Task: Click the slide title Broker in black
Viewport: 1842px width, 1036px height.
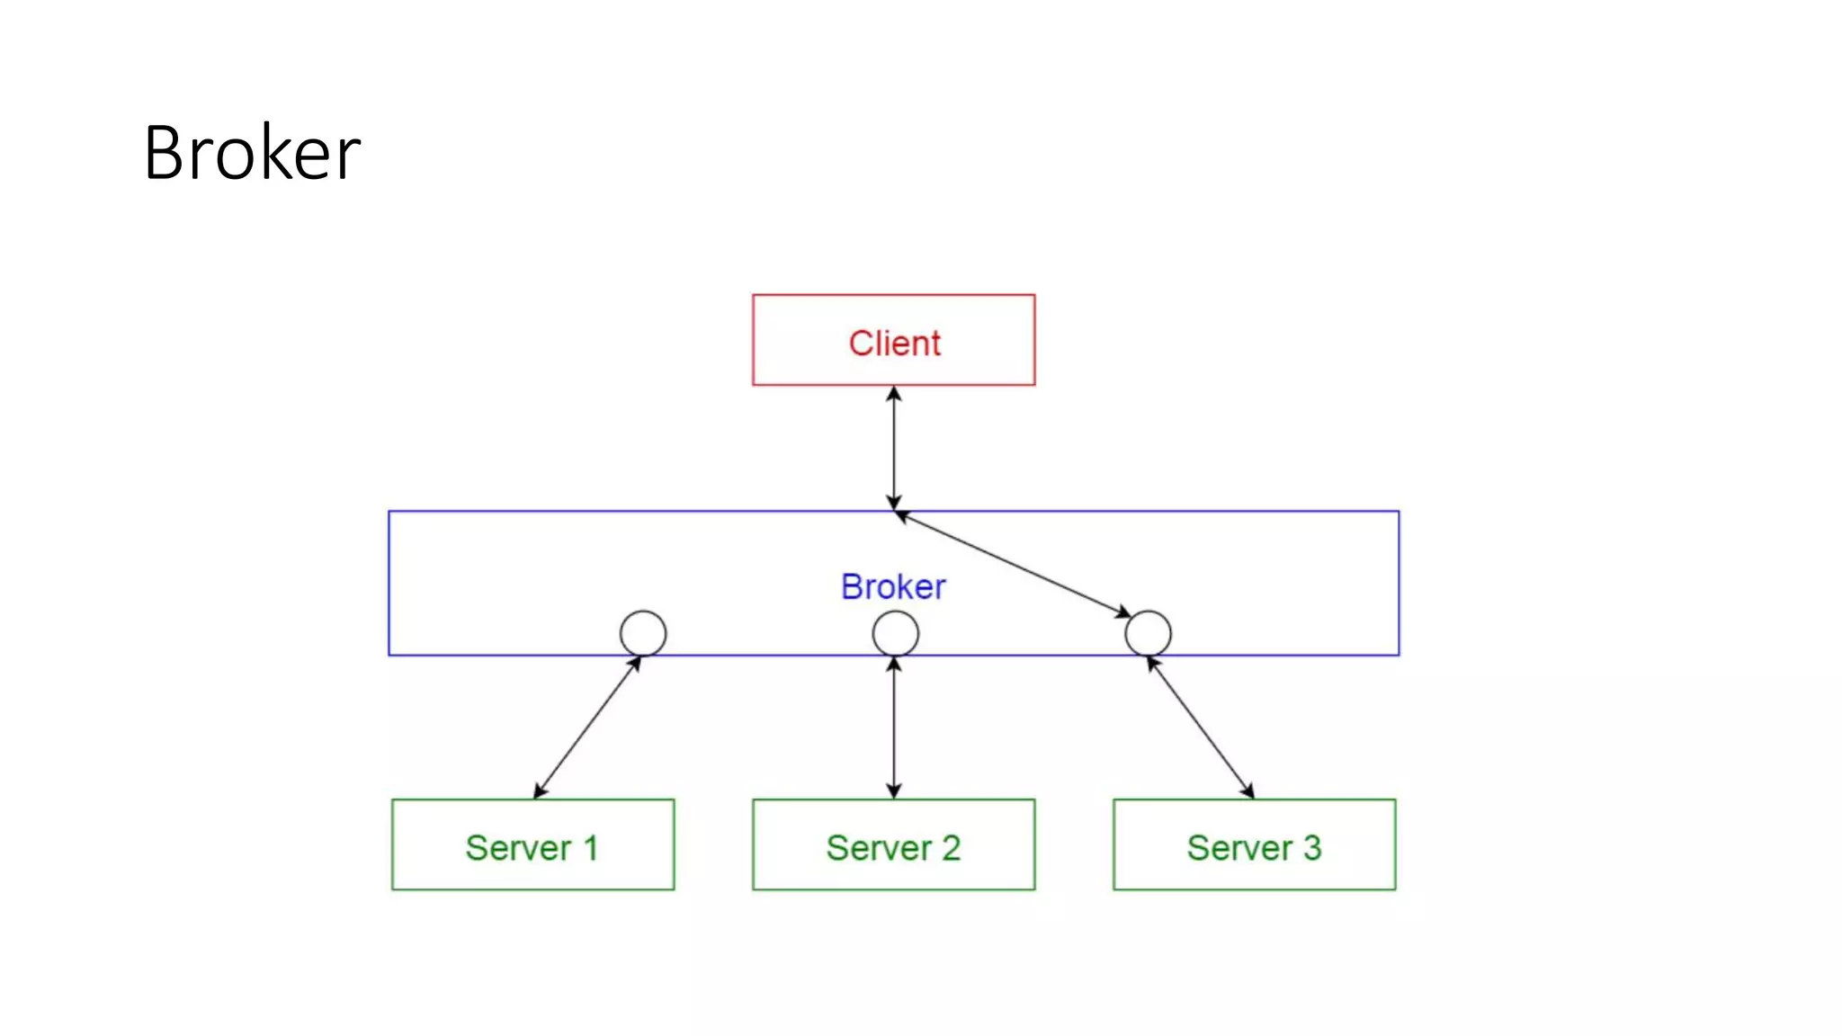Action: (252, 153)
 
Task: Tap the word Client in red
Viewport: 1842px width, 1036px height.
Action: (894, 343)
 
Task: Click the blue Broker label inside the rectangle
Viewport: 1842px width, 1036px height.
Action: (893, 586)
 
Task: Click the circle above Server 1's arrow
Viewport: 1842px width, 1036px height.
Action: (643, 633)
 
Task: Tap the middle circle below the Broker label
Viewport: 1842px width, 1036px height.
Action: (895, 633)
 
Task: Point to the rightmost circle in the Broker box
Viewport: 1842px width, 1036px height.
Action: (1148, 633)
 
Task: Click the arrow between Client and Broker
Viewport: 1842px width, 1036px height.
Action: (893, 448)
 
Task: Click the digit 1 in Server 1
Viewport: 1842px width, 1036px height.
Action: (591, 847)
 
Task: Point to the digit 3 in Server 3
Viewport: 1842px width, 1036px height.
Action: (1312, 847)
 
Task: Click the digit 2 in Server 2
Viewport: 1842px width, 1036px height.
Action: (951, 847)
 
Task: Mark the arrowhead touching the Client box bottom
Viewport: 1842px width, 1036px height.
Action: (893, 394)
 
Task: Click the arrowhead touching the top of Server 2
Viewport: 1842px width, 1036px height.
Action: (893, 790)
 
